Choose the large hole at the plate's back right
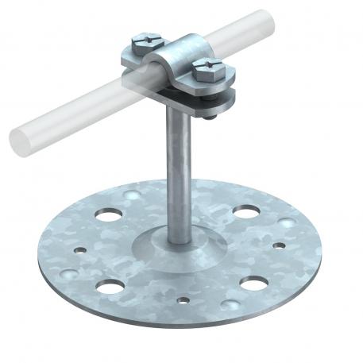(x=245, y=212)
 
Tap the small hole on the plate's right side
(x=278, y=245)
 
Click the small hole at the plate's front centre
(x=184, y=301)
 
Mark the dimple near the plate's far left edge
(x=69, y=272)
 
